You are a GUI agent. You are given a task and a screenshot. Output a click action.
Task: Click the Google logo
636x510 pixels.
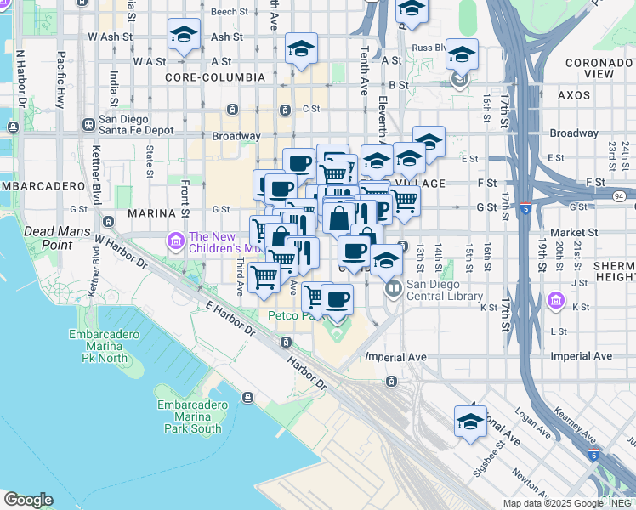pos(28,500)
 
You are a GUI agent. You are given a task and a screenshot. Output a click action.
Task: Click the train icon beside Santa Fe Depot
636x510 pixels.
pos(88,124)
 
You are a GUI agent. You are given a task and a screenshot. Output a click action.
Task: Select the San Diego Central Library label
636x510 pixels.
pos(444,291)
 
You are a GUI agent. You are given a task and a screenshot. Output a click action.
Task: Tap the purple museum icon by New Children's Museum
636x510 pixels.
pos(176,242)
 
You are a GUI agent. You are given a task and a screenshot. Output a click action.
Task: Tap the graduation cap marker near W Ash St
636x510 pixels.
pos(184,37)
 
